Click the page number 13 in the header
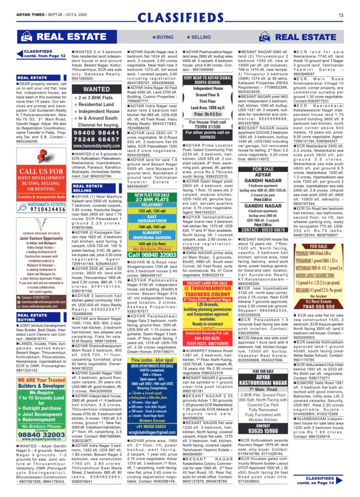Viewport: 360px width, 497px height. coord(341,16)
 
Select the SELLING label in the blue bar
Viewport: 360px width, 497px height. coord(199,37)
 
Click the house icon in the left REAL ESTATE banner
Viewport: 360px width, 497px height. coord(26,36)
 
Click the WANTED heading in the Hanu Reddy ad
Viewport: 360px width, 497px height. coord(97,89)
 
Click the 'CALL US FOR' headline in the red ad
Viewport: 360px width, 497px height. coord(41,171)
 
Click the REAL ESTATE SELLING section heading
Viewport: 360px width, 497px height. coord(88,188)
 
